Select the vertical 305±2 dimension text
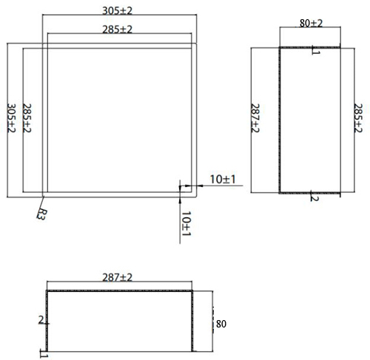pos(10,119)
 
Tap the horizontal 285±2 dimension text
pos(118,29)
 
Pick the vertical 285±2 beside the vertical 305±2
pos(28,119)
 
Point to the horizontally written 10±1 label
pos(222,179)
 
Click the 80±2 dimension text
pos(310,23)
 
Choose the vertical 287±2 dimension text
pos(255,119)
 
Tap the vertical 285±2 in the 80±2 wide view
pos(358,119)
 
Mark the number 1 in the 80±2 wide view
pos(314,51)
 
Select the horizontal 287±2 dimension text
pos(117,277)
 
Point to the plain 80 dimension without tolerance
pos(220,324)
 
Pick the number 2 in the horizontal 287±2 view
pos(41,319)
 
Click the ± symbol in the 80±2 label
pos(312,23)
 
